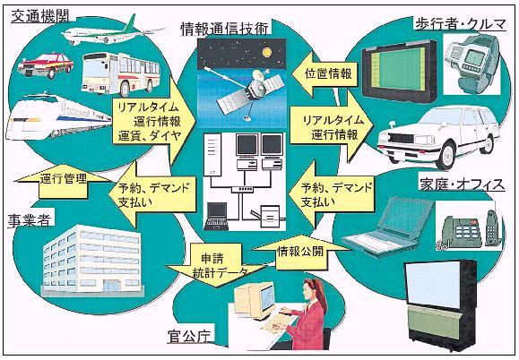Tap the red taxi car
click(46, 65)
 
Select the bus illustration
click(120, 73)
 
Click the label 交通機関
click(40, 16)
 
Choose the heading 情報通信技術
click(224, 29)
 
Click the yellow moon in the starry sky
click(267, 52)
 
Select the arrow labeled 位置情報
click(324, 74)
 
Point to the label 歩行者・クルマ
click(461, 24)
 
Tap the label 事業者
click(30, 220)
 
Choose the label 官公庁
click(188, 338)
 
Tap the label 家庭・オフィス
click(462, 184)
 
